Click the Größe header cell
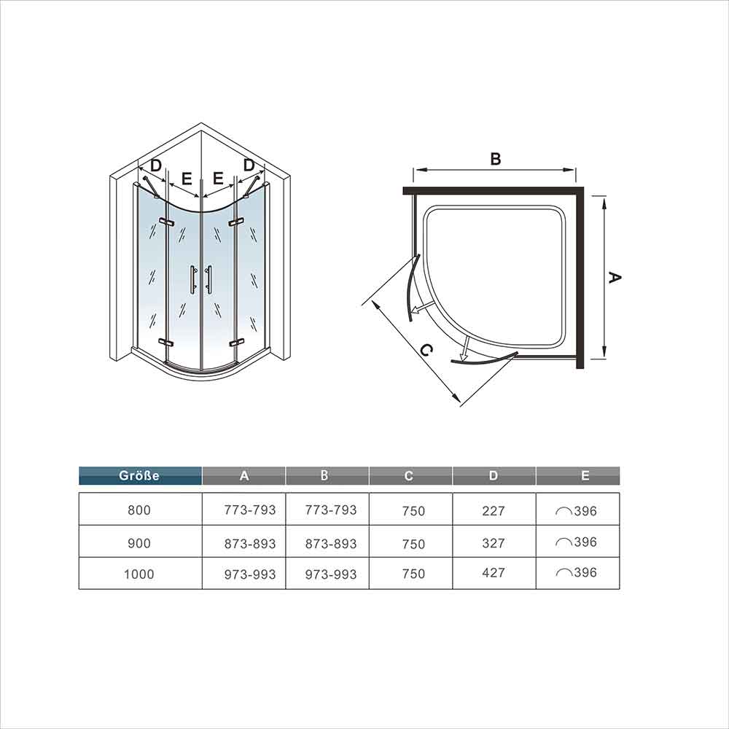(140, 475)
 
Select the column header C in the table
(409, 475)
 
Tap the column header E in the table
(585, 475)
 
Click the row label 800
(139, 510)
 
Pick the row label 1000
(139, 574)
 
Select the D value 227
(494, 511)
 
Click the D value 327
(494, 543)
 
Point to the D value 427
(494, 572)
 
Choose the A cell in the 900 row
(250, 544)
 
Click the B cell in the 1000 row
(331, 574)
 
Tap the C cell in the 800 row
(414, 511)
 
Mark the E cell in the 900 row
(577, 542)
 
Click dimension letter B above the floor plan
(496, 159)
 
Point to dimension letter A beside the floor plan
(615, 278)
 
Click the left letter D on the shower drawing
(156, 165)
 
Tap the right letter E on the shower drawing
(217, 178)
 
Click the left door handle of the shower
(192, 280)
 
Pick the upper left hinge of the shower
(165, 222)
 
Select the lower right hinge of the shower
(236, 343)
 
